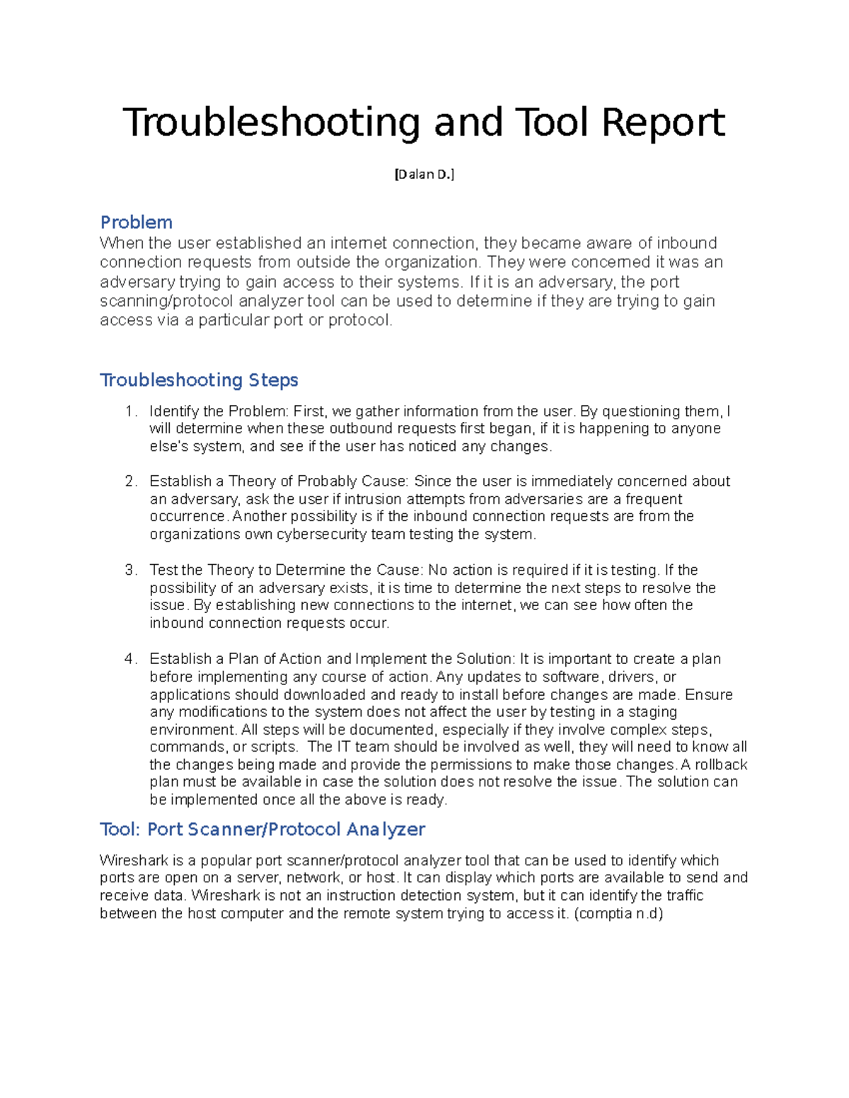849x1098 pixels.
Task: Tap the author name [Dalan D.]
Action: [424, 175]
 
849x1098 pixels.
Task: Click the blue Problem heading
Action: [137, 222]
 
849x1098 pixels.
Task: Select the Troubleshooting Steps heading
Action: [199, 380]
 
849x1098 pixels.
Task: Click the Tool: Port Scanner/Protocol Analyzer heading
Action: [262, 829]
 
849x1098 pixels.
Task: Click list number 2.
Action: [129, 481]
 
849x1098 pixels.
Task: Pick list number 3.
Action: [129, 571]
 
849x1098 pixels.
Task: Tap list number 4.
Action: [129, 659]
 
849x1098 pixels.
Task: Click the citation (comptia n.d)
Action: [618, 913]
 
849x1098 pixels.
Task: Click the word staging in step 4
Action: [652, 712]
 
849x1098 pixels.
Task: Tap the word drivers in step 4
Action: [632, 677]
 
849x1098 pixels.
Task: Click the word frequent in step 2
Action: [654, 499]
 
